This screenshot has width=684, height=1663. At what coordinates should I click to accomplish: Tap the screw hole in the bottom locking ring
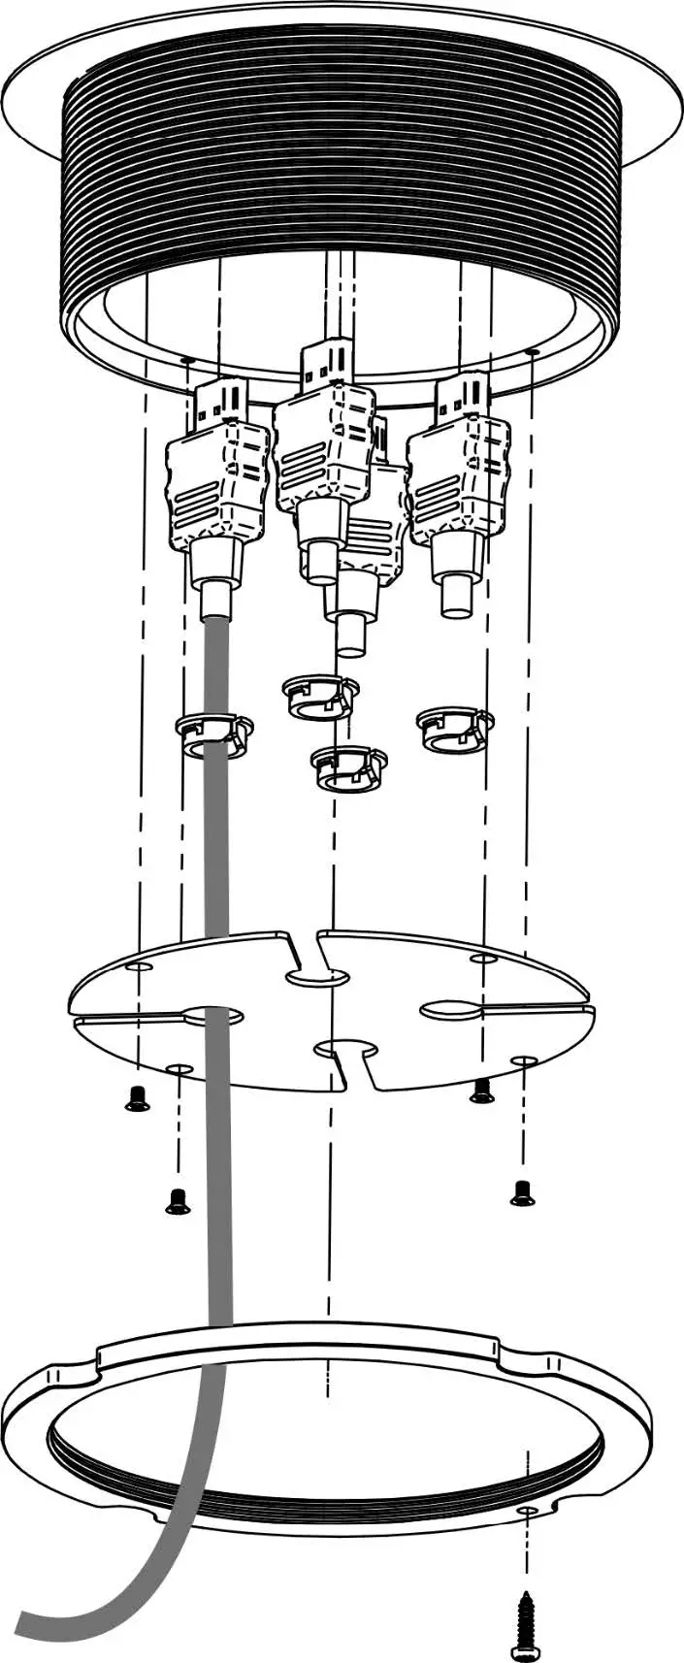pos(526,1512)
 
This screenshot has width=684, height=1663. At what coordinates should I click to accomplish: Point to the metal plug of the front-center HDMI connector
pos(324,363)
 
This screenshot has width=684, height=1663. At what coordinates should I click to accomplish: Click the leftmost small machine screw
pos(137,1098)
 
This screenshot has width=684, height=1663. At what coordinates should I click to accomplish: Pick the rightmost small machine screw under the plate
pos(522,1192)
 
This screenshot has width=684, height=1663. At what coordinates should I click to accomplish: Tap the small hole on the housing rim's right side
pos(531,351)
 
